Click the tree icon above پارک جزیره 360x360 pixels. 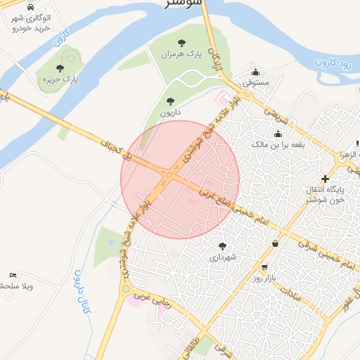[60, 68]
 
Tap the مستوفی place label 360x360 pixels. [256, 82]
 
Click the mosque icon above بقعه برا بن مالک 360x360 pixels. [278, 134]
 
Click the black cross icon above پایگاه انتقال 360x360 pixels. [325, 179]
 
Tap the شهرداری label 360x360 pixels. [224, 257]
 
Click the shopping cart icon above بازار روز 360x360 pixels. [264, 268]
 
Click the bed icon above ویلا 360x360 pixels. [13, 275]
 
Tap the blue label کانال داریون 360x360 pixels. [82, 290]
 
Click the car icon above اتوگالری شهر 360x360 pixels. [30, 7]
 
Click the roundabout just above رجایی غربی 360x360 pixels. [125, 289]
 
